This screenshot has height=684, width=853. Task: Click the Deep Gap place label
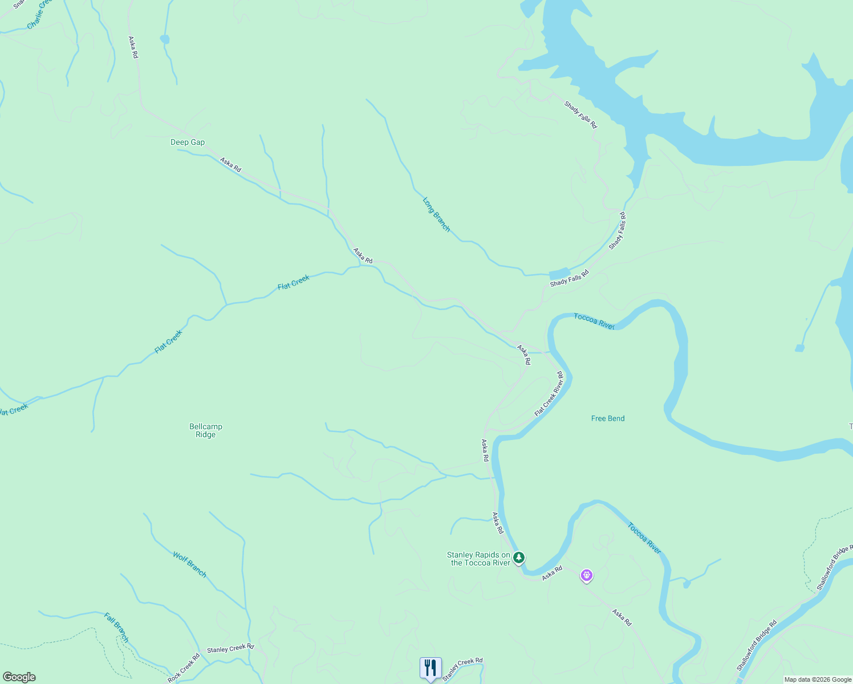tap(188, 142)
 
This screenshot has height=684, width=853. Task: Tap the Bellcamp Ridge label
tap(206, 430)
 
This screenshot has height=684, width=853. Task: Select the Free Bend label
tap(608, 418)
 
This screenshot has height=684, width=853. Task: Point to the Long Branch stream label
tap(436, 214)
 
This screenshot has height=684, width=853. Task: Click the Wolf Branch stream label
tap(190, 564)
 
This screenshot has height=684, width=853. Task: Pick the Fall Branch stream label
tap(117, 627)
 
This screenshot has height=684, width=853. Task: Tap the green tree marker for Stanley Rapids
tap(518, 557)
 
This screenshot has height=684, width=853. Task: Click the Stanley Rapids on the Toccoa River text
tap(478, 559)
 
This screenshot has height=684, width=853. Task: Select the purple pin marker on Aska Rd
tap(587, 575)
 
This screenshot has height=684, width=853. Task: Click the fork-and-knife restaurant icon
tap(430, 667)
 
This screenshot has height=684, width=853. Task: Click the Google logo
tap(19, 677)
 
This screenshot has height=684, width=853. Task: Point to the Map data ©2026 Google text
tap(818, 679)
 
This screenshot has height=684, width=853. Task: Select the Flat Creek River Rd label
tap(549, 394)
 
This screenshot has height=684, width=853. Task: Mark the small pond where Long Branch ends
tap(559, 274)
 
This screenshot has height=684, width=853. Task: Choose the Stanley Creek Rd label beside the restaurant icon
tap(462, 669)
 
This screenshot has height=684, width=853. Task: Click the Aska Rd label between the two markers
tap(552, 573)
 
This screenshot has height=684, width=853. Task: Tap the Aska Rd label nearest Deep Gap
tap(231, 164)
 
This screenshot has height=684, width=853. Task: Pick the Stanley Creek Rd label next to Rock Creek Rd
tap(230, 649)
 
